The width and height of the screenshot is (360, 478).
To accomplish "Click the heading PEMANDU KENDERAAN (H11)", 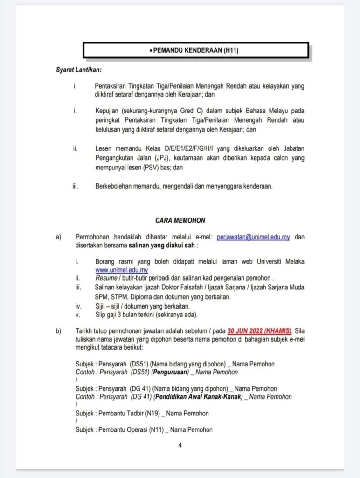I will [x=196, y=50].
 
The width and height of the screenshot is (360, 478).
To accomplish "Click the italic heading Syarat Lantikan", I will [x=78, y=70].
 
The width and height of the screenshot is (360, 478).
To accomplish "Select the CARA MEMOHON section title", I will [x=180, y=220].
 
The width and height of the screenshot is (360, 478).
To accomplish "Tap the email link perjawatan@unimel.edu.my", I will [x=253, y=237].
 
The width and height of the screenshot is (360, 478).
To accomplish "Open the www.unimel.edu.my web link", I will [x=122, y=270].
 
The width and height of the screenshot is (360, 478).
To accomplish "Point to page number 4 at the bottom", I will [x=180, y=445].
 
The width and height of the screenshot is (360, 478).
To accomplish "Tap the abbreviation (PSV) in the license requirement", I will [x=145, y=166].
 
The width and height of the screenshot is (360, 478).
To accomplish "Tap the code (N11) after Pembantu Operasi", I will [x=157, y=429].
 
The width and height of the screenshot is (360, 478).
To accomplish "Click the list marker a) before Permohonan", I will [x=59, y=237].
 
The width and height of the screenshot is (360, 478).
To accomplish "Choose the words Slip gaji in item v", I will [x=107, y=315].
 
